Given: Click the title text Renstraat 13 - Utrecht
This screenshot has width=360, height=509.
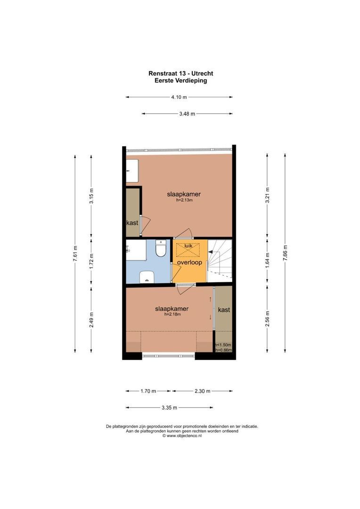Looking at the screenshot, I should click(181, 74).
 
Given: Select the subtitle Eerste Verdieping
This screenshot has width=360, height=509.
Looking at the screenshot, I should click(181, 81).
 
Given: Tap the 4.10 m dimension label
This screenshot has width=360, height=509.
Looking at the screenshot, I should click(179, 98).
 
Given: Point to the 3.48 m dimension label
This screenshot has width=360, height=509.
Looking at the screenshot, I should click(187, 114).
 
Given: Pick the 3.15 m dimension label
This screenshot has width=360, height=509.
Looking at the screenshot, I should click(91, 195).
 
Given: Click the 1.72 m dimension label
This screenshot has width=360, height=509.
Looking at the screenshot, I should click(91, 261).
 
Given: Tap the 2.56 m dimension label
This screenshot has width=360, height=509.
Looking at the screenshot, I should click(267, 319).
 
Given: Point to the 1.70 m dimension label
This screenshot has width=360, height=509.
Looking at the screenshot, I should click(148, 391).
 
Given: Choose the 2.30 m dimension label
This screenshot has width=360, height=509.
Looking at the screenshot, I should click(202, 391).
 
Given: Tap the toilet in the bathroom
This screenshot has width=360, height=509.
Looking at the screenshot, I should click(161, 248).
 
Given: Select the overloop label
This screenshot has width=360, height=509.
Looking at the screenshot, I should click(189, 263).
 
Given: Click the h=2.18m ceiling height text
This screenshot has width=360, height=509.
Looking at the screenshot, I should click(172, 315).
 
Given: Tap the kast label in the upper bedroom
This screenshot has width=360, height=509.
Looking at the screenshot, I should click(132, 222).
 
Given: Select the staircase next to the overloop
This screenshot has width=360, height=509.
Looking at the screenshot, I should click(220, 261).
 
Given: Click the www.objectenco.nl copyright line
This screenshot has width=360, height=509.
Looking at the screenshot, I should click(182, 436).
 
